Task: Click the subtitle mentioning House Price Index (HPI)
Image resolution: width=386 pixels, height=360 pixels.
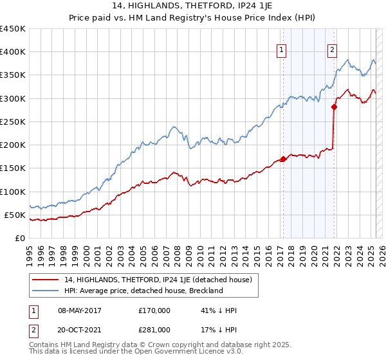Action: tap(192, 19)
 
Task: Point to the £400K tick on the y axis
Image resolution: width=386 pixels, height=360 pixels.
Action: tap(13, 52)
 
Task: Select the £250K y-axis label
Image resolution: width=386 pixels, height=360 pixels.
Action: tap(13, 122)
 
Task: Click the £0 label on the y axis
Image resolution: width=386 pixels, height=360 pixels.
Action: tap(20, 238)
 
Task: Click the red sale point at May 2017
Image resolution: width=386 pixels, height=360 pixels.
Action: tap(283, 159)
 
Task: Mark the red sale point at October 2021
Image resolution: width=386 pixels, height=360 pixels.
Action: tap(334, 107)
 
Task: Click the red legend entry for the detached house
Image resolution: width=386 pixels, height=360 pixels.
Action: tap(145, 280)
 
